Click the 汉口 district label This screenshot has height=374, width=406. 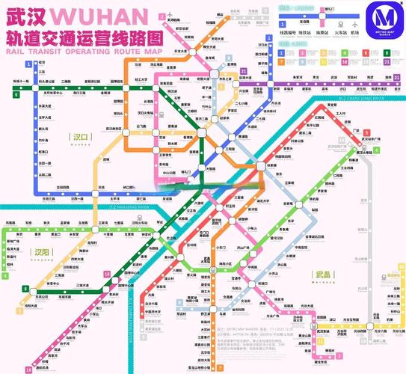(x=79, y=137)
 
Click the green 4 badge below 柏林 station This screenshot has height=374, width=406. (x=5, y=276)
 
